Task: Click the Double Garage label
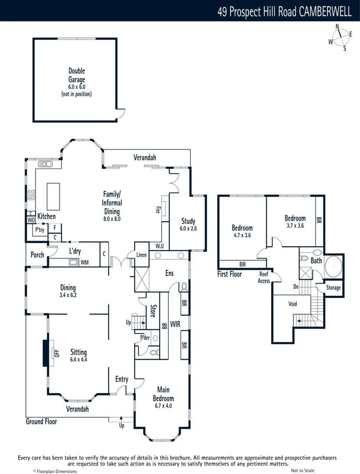76,75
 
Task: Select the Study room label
188,221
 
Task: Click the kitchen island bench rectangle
53,197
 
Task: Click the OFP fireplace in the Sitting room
56,352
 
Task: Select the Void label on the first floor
292,304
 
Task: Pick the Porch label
37,255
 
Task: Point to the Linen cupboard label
141,255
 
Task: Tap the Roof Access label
264,278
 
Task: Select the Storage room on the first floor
333,288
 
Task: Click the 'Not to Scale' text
303,470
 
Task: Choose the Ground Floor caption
41,421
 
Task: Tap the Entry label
121,379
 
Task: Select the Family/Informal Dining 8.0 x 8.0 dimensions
112,218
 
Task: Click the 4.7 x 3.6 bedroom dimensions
242,235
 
